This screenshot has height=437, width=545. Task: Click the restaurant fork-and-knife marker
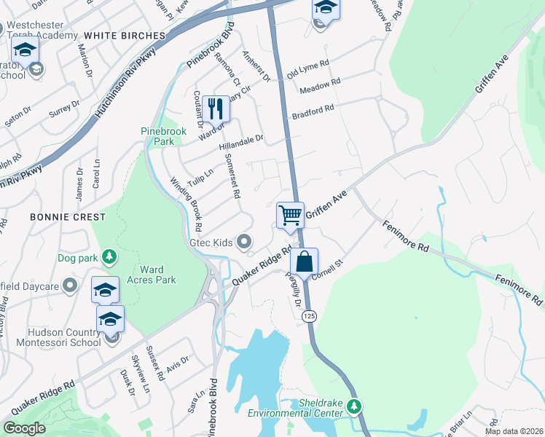click(216, 109)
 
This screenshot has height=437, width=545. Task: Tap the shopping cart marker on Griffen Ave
click(290, 216)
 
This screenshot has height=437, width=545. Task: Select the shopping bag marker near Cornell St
click(304, 261)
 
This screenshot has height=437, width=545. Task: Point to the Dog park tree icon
click(109, 256)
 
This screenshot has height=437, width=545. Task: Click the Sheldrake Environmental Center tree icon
click(354, 405)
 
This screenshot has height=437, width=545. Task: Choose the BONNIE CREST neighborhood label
click(68, 217)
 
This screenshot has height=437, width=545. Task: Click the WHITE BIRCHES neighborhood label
click(125, 35)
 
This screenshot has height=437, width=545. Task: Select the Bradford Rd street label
click(313, 111)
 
